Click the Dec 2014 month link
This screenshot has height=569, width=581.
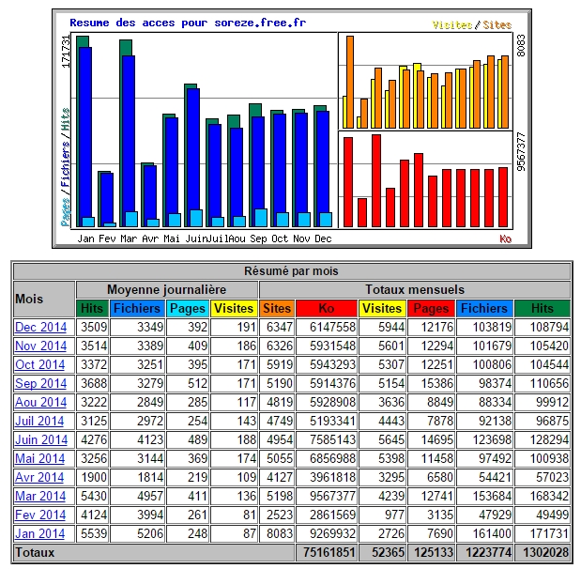pyautogui.click(x=40, y=328)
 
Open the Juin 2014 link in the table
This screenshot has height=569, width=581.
pyautogui.click(x=41, y=440)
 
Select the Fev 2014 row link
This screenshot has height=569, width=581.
pyautogui.click(x=40, y=515)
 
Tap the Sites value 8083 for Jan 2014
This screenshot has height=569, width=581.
pyautogui.click(x=280, y=533)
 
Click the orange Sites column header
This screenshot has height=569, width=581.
pyautogui.click(x=277, y=308)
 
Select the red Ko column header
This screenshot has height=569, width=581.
pyautogui.click(x=327, y=308)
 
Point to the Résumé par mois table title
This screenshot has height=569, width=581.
pyautogui.click(x=291, y=271)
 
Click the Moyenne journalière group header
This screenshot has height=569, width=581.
pyautogui.click(x=167, y=289)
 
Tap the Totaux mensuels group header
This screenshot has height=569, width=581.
pyautogui.click(x=415, y=289)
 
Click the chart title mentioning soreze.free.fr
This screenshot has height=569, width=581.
pyautogui.click(x=188, y=23)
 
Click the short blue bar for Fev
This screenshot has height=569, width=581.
pyautogui.click(x=107, y=198)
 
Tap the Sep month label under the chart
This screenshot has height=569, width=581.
pyautogui.click(x=258, y=238)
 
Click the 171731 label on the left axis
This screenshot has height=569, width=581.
pyautogui.click(x=66, y=52)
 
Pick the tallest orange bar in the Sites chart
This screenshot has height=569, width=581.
pyautogui.click(x=350, y=82)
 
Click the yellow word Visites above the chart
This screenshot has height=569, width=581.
pyautogui.click(x=452, y=24)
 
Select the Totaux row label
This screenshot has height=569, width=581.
pyautogui.click(x=35, y=553)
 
